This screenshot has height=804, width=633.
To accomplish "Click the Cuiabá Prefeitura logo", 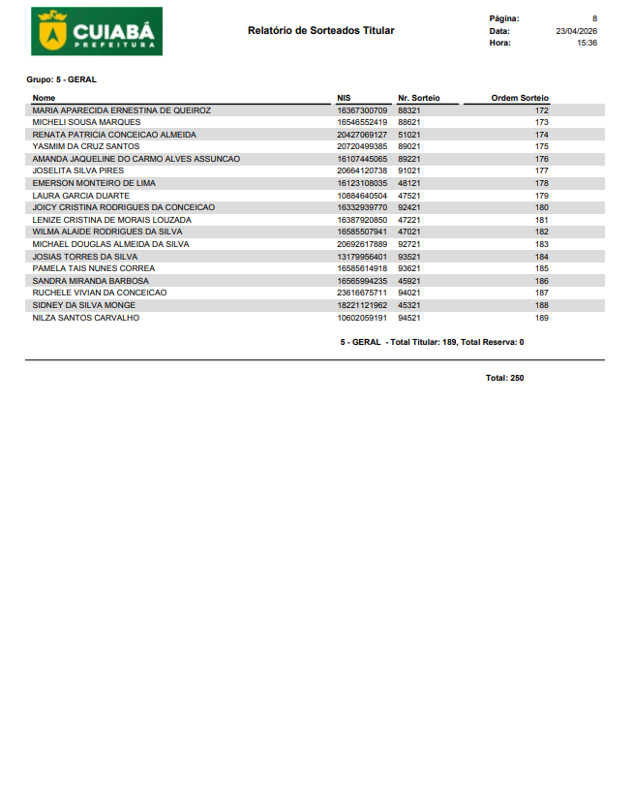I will point(97,31).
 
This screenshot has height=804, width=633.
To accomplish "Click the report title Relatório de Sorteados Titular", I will point(320,31).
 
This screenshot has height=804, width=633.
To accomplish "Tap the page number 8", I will point(594,18).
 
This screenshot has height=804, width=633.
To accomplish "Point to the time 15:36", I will point(587,43).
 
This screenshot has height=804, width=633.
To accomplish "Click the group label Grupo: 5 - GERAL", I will point(61,79).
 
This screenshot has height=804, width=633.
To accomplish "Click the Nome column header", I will point(44,98).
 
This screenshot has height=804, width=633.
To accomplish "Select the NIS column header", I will point(344,98).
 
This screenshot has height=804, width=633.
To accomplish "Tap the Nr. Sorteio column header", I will point(418,98).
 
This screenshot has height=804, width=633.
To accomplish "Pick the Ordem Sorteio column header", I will point(520,98).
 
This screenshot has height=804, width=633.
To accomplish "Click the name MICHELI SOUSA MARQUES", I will point(86,123).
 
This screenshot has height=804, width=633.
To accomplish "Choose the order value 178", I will point(541,183).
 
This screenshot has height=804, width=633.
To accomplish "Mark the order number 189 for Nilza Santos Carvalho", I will point(541,318).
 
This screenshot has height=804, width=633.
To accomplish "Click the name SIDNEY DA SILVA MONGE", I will point(84,305).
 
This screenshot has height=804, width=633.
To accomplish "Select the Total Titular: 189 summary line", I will point(432,342).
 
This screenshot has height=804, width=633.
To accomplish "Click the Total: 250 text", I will point(504,378).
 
